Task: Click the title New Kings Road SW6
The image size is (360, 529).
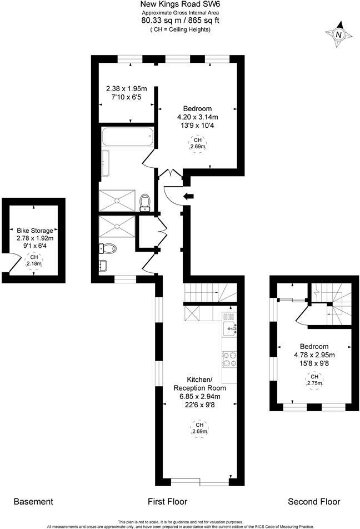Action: click(x=180, y=4)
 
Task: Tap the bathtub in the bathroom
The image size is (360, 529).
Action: click(x=128, y=137)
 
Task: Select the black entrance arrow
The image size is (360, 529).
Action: click(x=189, y=196)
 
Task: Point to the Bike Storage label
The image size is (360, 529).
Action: click(x=34, y=230)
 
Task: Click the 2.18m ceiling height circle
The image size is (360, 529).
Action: click(x=34, y=261)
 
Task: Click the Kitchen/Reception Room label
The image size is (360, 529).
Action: click(x=197, y=383)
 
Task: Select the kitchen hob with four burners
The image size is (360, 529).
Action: click(x=229, y=359)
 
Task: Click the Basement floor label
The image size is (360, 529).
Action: click(x=33, y=502)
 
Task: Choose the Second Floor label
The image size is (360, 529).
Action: click(x=314, y=502)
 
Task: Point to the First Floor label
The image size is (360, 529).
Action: click(x=167, y=502)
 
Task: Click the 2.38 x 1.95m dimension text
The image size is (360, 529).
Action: click(x=126, y=88)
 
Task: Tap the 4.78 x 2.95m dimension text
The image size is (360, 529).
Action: click(x=314, y=354)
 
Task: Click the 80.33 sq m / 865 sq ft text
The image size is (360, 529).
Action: click(x=180, y=21)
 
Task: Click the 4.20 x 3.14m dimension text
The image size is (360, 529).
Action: click(x=197, y=117)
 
